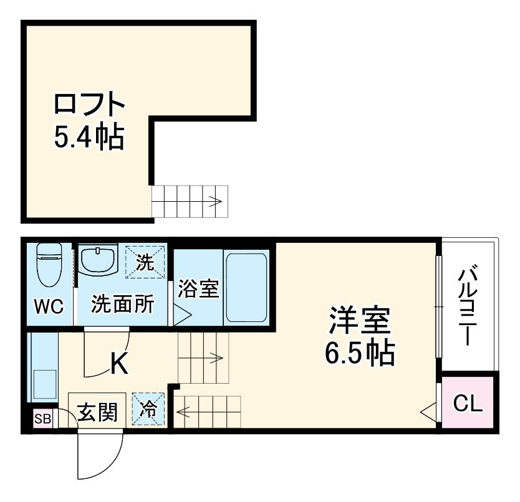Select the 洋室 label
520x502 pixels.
click(x=359, y=323)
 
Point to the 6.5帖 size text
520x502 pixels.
click(x=359, y=354)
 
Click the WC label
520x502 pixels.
click(x=49, y=306)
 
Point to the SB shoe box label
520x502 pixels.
click(x=42, y=419)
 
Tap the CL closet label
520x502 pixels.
click(x=467, y=404)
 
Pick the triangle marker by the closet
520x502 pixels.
click(x=428, y=410)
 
